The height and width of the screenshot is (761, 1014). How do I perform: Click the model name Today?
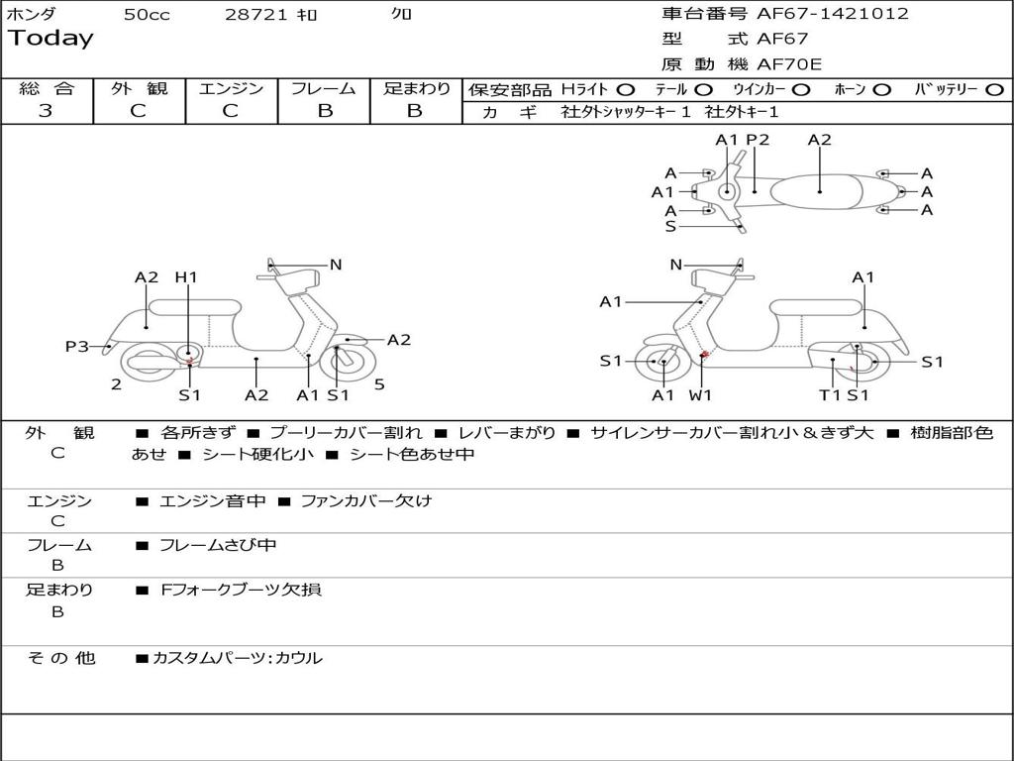[x=51, y=39]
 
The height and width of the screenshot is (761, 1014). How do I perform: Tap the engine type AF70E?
[x=789, y=64]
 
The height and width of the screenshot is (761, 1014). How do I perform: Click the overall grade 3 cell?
[x=46, y=111]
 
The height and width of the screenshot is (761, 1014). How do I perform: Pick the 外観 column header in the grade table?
[x=139, y=88]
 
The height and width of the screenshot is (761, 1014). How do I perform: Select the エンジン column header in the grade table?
[x=231, y=88]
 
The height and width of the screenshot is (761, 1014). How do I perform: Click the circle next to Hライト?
[x=625, y=89]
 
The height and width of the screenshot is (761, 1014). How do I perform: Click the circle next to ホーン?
[x=881, y=89]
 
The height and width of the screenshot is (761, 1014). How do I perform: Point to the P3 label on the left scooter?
[x=76, y=346]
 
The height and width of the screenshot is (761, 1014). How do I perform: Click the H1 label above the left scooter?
[x=186, y=277]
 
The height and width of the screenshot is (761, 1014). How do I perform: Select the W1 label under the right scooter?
[x=701, y=395]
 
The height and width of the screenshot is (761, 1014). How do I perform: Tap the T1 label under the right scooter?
[x=830, y=395]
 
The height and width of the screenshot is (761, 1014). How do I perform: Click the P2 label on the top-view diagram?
[x=758, y=140]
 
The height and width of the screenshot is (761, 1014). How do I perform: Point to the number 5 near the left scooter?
[x=379, y=385]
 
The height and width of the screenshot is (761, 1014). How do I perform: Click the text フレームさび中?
[x=218, y=545]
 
